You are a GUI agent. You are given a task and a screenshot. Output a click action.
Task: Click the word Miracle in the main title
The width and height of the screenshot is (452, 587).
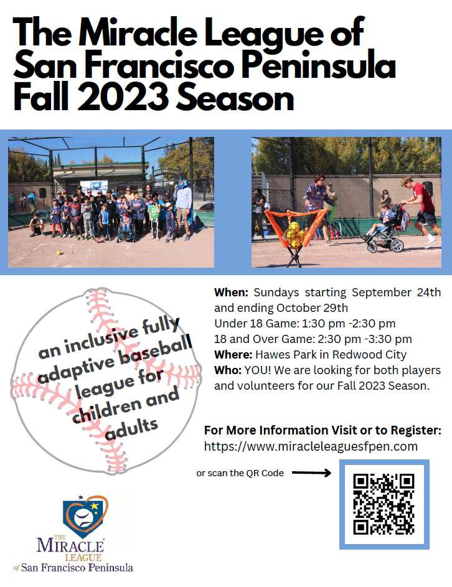(138, 32)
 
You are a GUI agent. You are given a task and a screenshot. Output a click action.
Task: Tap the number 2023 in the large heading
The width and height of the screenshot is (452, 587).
(123, 98)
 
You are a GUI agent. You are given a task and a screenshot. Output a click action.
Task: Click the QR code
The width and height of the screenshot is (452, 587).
(384, 504)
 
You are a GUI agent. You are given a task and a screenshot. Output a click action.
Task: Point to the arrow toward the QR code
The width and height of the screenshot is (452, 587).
(311, 473)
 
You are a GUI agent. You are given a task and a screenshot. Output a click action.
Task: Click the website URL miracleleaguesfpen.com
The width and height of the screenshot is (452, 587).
(311, 446)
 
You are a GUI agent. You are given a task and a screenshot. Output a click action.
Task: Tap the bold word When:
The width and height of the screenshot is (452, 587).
(231, 293)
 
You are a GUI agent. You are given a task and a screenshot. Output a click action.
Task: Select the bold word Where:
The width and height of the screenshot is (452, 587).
(233, 355)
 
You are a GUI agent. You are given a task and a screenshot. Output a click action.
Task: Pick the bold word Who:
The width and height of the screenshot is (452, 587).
(228, 370)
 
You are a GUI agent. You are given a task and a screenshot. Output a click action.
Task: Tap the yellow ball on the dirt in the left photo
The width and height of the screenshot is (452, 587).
(59, 253)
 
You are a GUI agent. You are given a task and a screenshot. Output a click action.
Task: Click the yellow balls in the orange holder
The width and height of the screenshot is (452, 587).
(294, 235)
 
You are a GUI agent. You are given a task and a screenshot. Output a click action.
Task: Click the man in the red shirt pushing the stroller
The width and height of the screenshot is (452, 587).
(421, 211)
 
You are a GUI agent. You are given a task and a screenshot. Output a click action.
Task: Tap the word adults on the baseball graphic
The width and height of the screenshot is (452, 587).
(132, 429)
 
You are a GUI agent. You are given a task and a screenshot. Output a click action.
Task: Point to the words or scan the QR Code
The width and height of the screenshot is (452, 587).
(240, 473)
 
